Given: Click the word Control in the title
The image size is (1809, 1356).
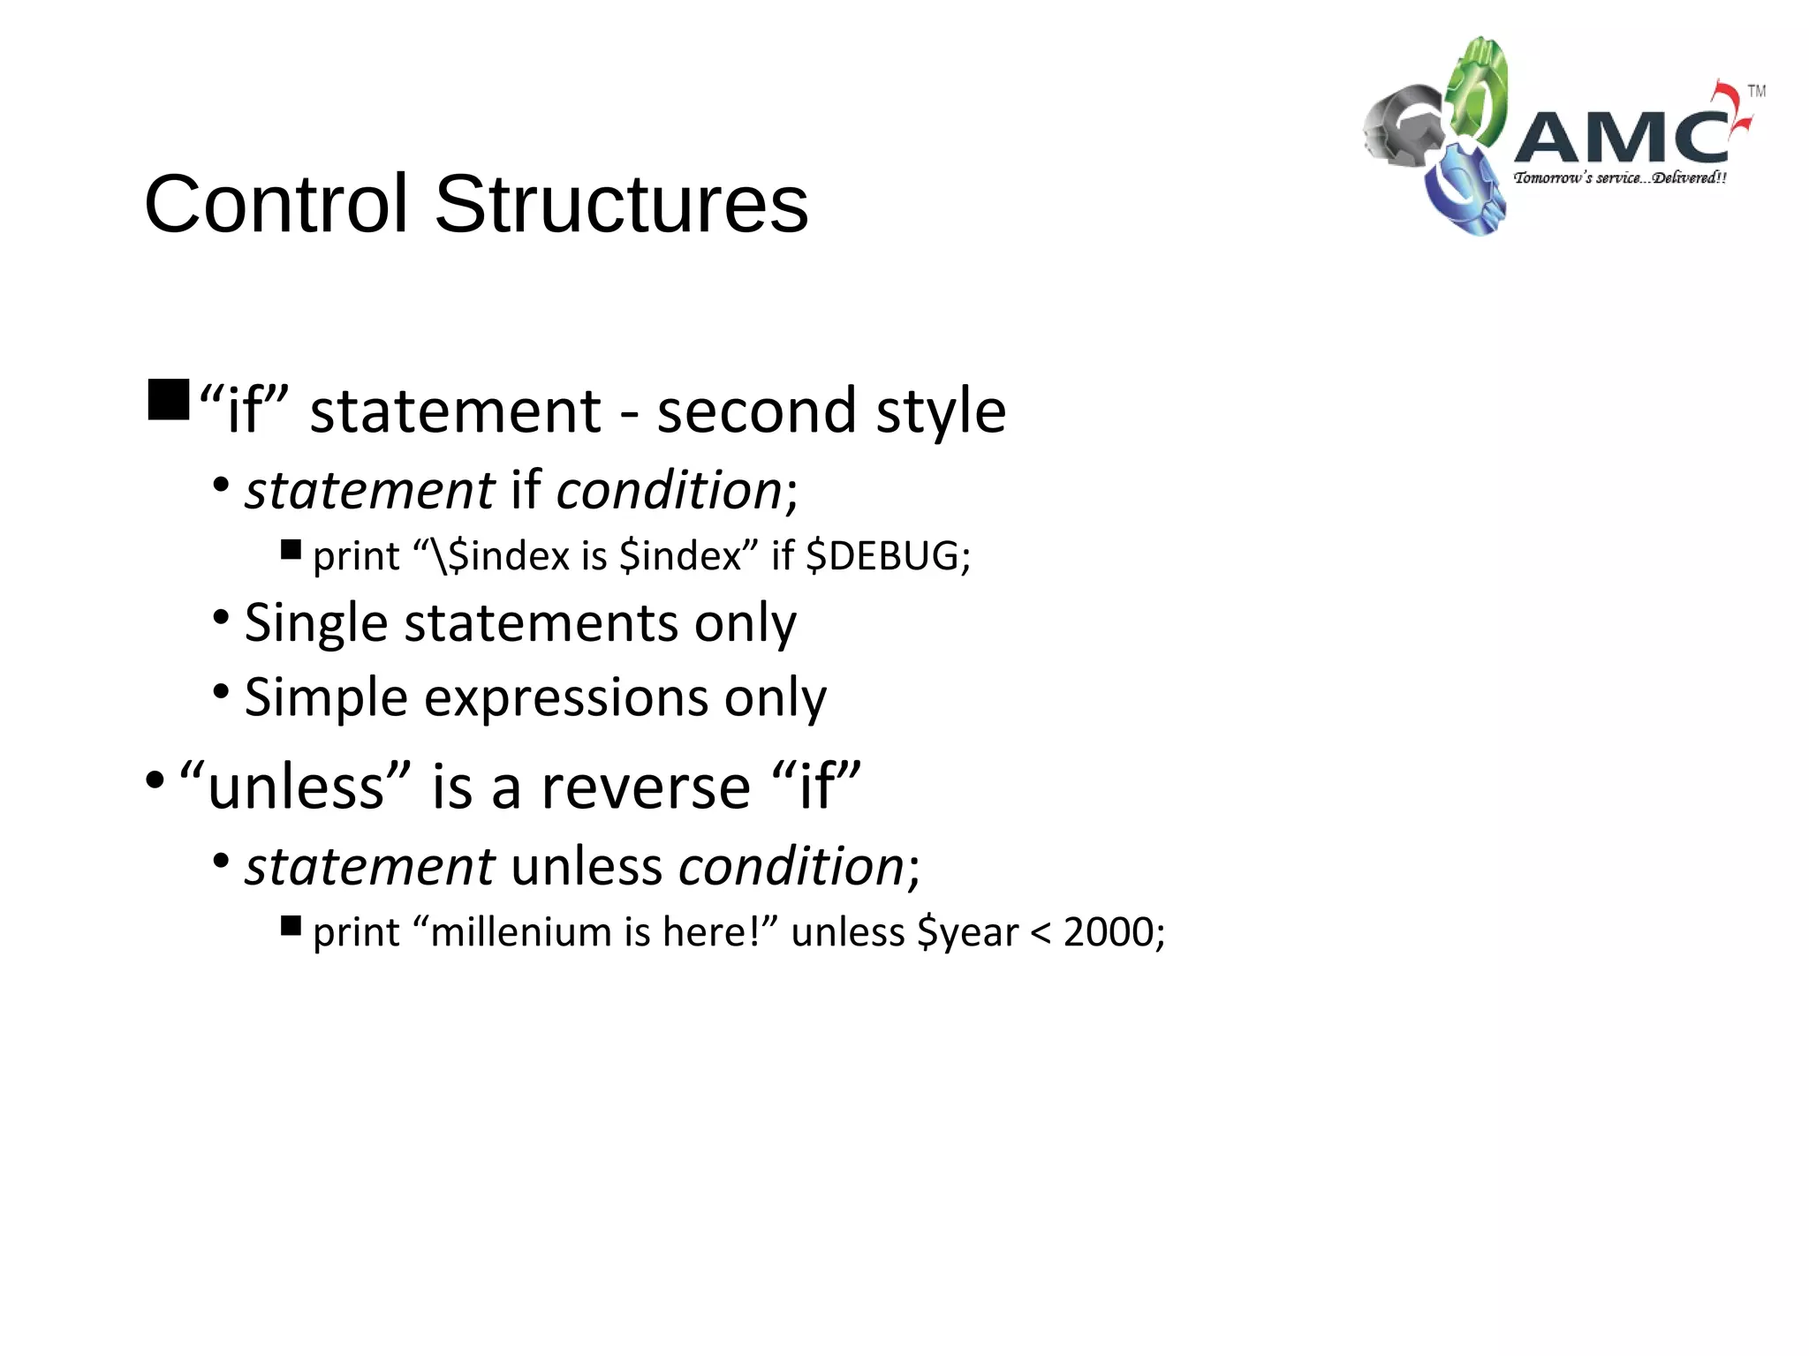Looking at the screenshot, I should pyautogui.click(x=276, y=204).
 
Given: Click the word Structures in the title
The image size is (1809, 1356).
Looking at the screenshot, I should pyautogui.click(x=621, y=204).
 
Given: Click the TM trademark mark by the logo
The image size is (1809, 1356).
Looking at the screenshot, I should pyautogui.click(x=1756, y=91).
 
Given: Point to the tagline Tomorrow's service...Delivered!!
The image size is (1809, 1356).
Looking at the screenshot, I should pyautogui.click(x=1620, y=177).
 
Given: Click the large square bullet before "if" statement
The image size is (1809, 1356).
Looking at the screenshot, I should pyautogui.click(x=169, y=399).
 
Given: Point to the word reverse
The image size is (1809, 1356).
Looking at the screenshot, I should pyautogui.click(x=646, y=787).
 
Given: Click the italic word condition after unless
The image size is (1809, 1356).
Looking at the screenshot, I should pyautogui.click(x=791, y=866).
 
